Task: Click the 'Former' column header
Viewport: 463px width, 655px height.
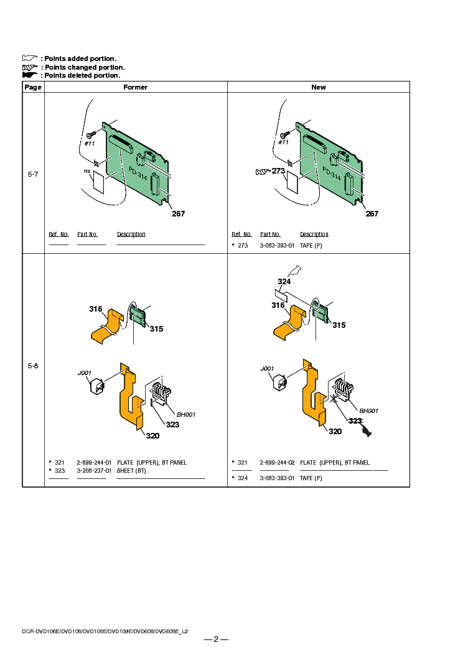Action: point(136,87)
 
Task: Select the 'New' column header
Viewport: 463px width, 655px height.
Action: point(319,87)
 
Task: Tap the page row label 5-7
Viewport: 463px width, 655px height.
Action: point(33,174)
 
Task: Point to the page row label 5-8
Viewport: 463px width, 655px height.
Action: point(33,366)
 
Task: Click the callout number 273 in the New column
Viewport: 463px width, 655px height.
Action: point(278,170)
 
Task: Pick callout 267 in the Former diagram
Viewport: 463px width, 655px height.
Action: point(179,214)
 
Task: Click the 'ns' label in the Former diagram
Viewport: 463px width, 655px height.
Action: point(87,170)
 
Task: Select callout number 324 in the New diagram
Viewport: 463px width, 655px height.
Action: point(284,282)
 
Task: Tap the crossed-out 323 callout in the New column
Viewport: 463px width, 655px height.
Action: point(355,421)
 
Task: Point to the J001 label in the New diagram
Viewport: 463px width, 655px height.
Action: point(267,369)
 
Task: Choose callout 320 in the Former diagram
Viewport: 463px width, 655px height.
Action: point(152,435)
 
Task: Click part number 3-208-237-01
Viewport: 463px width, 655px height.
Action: point(94,471)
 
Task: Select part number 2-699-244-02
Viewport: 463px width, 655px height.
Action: point(277,463)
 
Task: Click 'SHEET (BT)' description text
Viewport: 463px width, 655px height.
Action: point(134,471)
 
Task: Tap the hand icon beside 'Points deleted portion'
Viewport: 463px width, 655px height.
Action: point(30,75)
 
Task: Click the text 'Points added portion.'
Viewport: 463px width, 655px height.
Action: point(80,58)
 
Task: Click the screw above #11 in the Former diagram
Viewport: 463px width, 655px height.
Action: point(91,134)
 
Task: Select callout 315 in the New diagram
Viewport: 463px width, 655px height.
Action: point(339,325)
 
